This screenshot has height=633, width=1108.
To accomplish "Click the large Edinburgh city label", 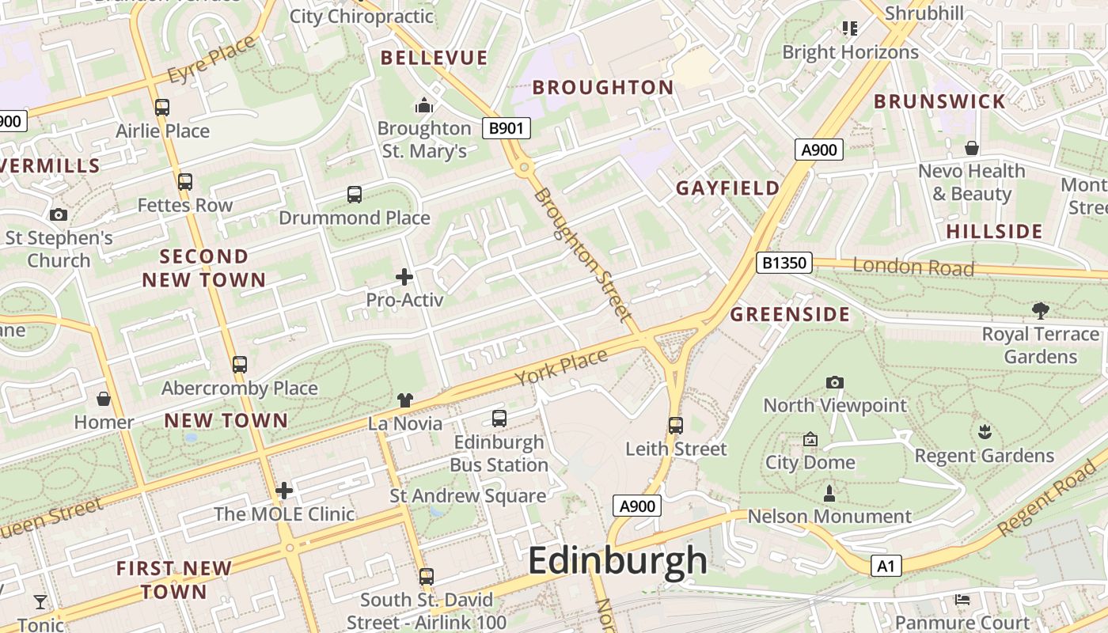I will click(x=617, y=561).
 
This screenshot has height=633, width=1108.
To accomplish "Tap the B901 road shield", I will click(x=506, y=128).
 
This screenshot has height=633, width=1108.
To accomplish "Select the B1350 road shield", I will click(x=784, y=263).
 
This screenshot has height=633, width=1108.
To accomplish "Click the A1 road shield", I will click(x=886, y=566).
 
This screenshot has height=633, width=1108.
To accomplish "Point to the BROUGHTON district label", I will click(x=602, y=87).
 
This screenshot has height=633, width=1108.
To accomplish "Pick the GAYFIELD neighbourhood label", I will click(x=727, y=188).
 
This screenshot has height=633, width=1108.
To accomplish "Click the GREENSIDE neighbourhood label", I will click(x=790, y=314).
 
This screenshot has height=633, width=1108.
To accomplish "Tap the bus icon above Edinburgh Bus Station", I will click(x=499, y=419).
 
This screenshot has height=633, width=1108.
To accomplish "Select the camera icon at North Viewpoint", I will click(x=834, y=383).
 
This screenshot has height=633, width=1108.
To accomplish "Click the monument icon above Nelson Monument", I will click(x=829, y=495).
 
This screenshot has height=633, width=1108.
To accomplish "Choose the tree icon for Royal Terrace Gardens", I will click(x=1040, y=311).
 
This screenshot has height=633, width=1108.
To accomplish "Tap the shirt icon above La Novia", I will click(x=405, y=400).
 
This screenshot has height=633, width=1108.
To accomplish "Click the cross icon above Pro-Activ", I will click(x=404, y=277).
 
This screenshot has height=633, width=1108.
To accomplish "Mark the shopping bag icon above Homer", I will click(x=104, y=399).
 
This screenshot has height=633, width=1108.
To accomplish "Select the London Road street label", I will click(x=913, y=267).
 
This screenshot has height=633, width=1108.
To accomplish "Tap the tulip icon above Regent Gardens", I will click(x=985, y=432).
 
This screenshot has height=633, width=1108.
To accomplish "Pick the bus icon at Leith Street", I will click(x=675, y=426).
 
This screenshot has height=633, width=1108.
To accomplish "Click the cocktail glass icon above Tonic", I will click(x=40, y=602).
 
